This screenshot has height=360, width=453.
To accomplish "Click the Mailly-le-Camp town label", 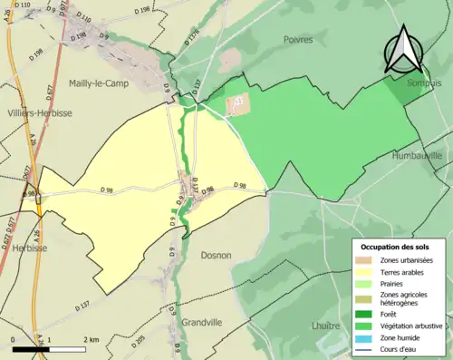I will point(102,83).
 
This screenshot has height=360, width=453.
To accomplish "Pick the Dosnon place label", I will point(217,257).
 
